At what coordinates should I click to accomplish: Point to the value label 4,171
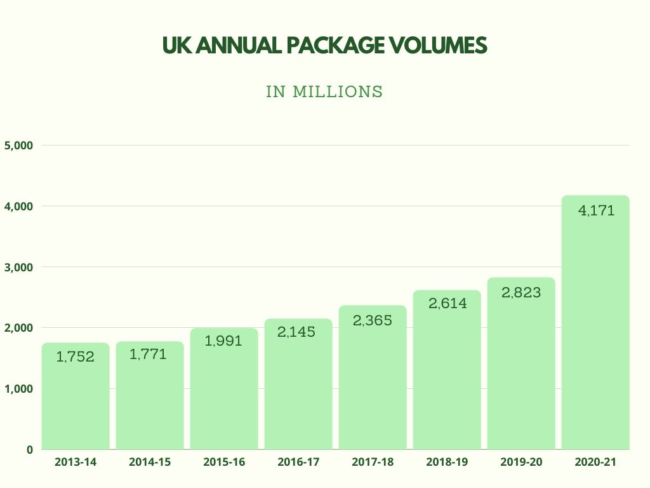596,211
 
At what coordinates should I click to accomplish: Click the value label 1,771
148,355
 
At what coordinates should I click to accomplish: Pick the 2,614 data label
447,304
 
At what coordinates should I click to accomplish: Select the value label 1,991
223,341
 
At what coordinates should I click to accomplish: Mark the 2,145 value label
298,332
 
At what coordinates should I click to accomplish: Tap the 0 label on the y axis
29,449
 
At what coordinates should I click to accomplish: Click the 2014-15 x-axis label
150,463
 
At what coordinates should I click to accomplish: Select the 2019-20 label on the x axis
521,463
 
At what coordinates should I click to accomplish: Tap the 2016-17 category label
298,463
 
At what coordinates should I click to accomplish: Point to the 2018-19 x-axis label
447,463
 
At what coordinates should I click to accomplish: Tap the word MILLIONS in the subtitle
338,91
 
